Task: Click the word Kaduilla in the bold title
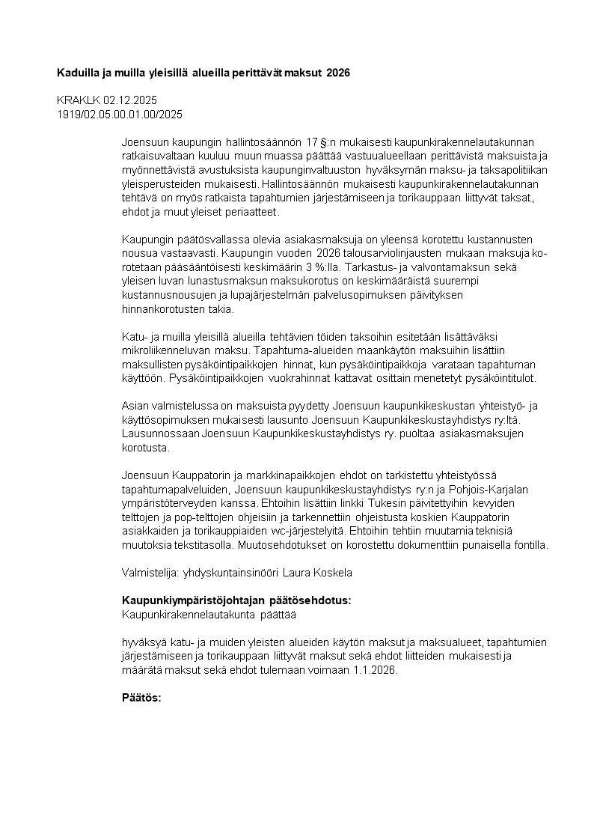pos(79,73)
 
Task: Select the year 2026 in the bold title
pos(338,73)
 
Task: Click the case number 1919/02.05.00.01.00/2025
pos(120,114)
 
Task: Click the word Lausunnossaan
pos(159,433)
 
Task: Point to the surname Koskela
pos(334,573)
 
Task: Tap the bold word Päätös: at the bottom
pos(141,698)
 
